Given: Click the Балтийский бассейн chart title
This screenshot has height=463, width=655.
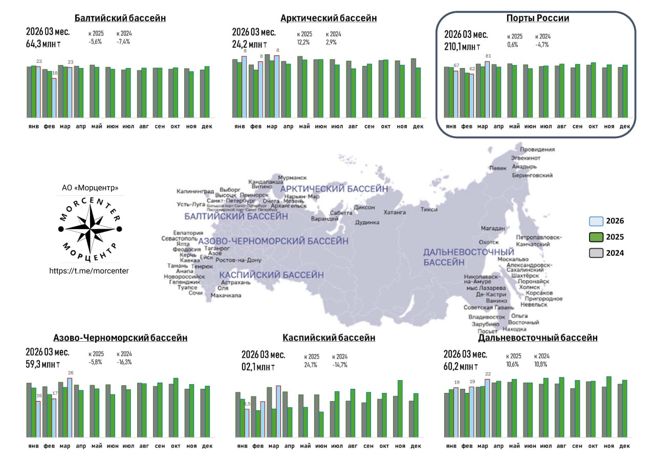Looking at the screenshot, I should tap(120, 18).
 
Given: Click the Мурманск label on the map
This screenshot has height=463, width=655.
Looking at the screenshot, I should tap(292, 178).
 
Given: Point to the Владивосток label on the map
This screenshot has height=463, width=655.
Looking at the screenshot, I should tap(487, 317).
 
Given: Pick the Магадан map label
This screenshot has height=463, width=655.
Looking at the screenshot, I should tap(493, 228).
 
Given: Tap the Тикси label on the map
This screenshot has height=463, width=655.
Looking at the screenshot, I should tap(429, 209).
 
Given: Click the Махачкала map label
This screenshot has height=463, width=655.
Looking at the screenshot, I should tap(226, 295).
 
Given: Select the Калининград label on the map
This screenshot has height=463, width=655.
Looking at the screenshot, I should tap(195, 191).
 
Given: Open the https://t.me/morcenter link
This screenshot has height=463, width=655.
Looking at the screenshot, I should tap(89, 271).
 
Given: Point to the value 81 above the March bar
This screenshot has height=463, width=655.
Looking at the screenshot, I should tap(488, 56).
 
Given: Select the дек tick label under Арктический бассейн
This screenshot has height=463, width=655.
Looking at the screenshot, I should tap(418, 126).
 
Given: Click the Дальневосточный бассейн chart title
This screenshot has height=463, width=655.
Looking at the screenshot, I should tap(537, 338).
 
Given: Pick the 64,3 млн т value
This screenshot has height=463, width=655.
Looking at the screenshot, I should tap(45, 43).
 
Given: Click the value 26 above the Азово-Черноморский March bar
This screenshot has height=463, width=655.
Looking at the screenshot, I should tap(71, 373).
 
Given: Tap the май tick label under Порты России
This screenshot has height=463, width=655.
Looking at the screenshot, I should tap(514, 126).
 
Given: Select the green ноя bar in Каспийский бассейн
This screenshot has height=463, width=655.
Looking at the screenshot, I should tap(400, 409).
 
